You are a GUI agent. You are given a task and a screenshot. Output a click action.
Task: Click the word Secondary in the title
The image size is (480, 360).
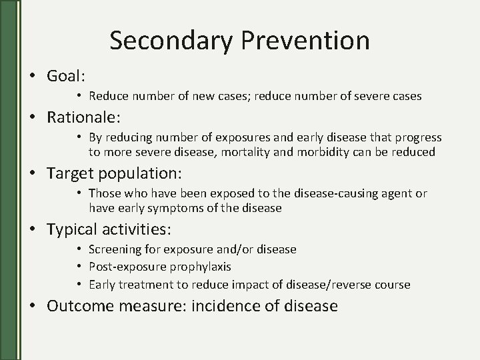click(x=169, y=40)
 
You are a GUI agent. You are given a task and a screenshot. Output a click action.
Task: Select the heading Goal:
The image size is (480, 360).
click(x=67, y=76)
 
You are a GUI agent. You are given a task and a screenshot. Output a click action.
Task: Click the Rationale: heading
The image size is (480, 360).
click(x=84, y=117)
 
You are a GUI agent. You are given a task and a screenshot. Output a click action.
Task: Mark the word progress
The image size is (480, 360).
click(x=418, y=137)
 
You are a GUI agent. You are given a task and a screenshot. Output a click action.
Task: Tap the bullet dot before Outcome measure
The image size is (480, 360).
click(x=32, y=306)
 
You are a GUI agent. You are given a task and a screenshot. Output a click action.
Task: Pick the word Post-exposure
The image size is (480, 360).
click(x=122, y=267)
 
